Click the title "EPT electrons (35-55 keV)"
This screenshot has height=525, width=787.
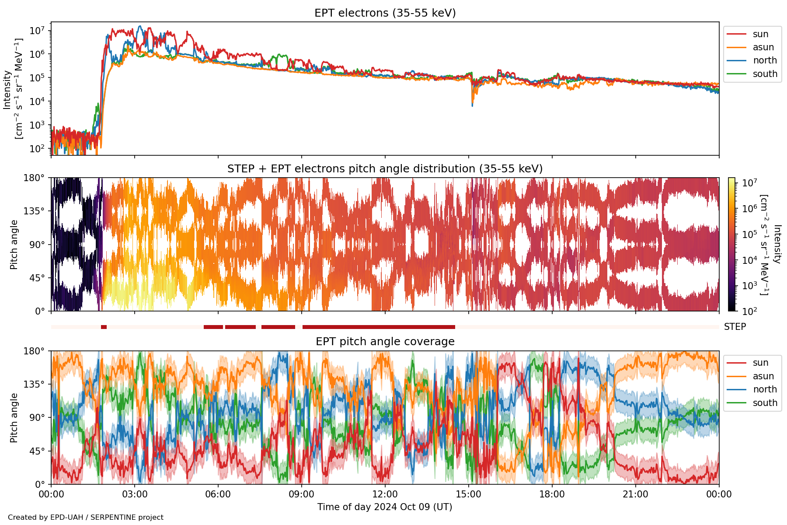pos(385,13)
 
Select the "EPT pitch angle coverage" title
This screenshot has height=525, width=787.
pos(385,342)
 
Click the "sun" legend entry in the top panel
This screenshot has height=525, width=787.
pos(760,34)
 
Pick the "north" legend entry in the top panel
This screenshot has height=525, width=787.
pos(765,60)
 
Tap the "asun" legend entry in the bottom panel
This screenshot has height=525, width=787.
pos(763,376)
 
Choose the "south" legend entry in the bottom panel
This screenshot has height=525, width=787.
pos(765,403)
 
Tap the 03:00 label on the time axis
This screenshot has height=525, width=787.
pos(135,494)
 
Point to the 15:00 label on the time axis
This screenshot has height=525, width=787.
pos(469,494)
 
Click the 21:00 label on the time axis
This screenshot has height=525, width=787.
pos(635,494)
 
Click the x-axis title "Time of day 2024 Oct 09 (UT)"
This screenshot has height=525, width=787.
pos(385,507)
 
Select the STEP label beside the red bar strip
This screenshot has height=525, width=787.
pos(735,327)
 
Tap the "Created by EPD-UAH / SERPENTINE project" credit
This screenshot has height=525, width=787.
pos(86,518)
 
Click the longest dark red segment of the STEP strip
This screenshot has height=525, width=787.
pos(379,327)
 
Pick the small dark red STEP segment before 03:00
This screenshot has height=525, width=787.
pos(104,327)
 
